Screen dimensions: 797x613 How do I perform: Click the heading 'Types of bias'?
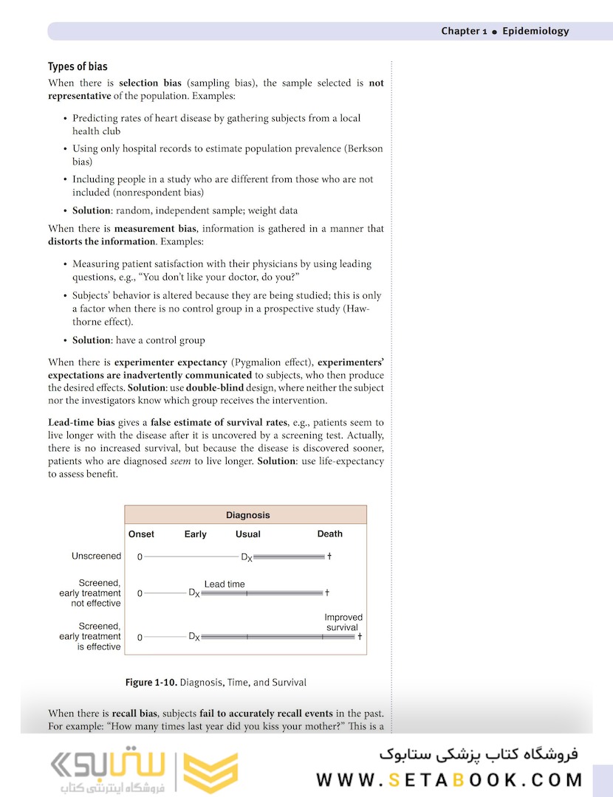coord(78,66)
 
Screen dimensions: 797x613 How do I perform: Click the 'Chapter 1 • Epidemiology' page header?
coord(505,31)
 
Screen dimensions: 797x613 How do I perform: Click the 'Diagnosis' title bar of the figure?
coord(247,515)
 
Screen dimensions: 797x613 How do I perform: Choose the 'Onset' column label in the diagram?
coord(141,534)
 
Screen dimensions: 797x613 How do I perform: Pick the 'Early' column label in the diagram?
coord(196,534)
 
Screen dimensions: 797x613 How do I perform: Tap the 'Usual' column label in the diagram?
coord(248,534)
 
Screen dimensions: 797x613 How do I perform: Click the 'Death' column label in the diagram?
coord(329,534)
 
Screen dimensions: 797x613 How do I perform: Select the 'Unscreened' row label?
coord(96,556)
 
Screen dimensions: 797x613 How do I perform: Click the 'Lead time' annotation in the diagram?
coord(225,584)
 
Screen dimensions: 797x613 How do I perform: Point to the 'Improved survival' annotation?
coord(343,622)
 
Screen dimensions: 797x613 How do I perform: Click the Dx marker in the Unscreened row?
coord(247,557)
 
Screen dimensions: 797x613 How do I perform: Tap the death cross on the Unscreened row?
coord(329,556)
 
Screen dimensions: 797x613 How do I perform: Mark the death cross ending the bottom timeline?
coord(360,636)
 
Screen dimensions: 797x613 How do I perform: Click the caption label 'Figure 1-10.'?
coord(151,683)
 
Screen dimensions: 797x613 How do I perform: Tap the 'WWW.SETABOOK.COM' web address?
coord(449,780)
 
